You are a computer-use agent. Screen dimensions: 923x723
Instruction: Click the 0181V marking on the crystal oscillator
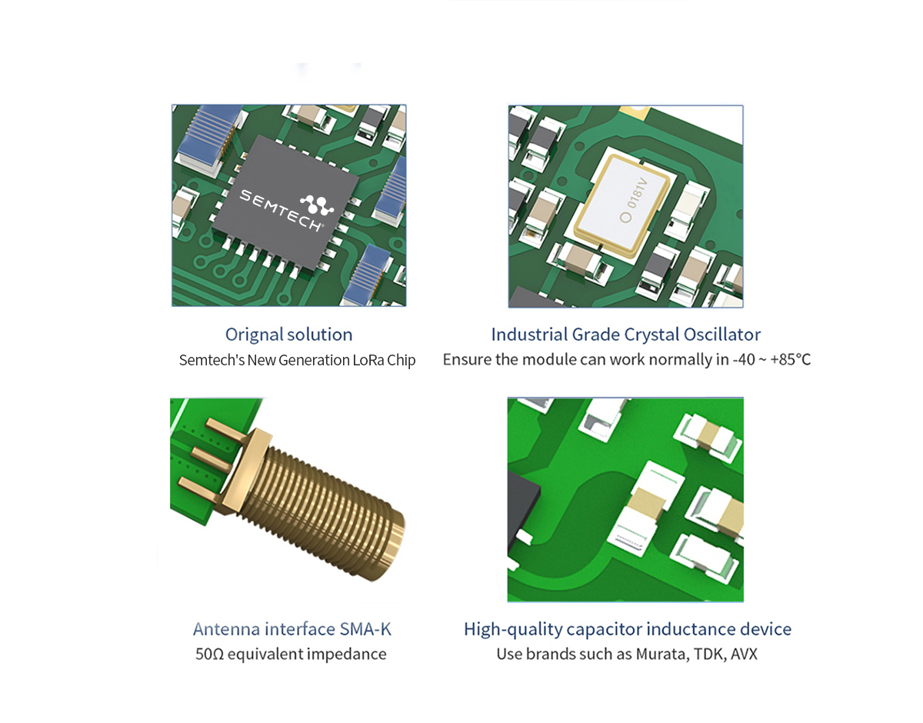pos(638,193)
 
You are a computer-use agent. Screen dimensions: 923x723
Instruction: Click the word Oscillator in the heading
pos(722,335)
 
